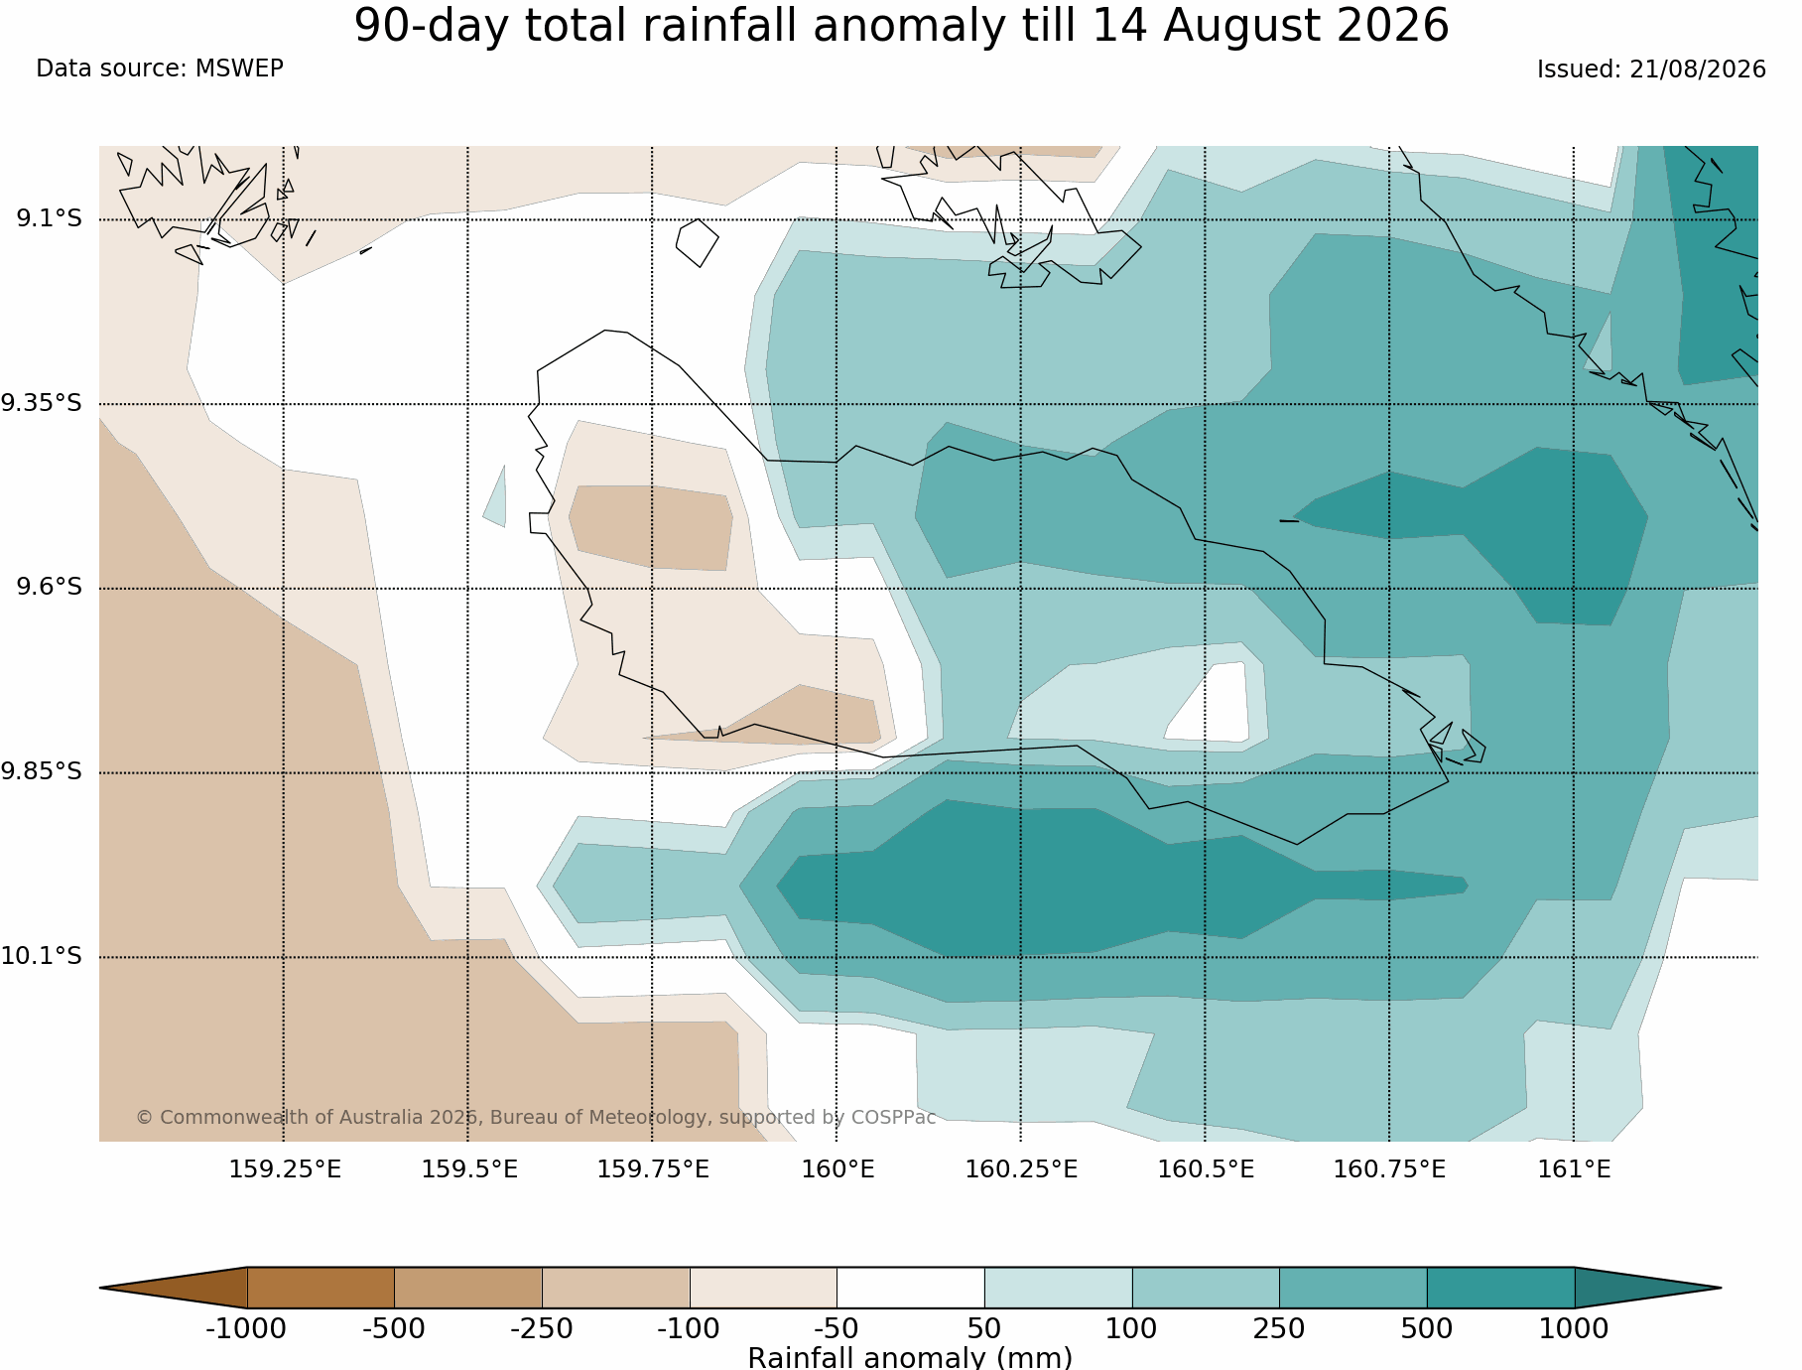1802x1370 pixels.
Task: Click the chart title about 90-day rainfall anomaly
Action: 901,26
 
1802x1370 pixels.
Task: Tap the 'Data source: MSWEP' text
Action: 160,68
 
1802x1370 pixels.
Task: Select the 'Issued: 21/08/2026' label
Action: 1651,69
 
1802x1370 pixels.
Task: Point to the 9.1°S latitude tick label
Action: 49,218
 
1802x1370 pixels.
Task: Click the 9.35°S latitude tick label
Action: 42,403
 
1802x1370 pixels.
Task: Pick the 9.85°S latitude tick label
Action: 42,771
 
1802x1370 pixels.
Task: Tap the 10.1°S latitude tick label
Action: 42,956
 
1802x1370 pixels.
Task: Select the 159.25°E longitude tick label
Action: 285,1169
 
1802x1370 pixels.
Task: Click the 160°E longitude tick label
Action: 837,1169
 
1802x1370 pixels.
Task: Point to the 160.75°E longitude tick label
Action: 1389,1169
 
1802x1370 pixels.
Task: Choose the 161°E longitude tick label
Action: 1574,1169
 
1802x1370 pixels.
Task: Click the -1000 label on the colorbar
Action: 246,1328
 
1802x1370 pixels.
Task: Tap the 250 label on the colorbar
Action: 1279,1328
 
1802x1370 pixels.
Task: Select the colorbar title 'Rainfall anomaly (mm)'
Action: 910,1357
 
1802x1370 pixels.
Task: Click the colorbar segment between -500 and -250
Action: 468,1288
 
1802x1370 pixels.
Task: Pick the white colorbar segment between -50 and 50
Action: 911,1288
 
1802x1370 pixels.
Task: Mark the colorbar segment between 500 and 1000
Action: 1500,1288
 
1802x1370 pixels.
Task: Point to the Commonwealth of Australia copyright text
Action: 536,1117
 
